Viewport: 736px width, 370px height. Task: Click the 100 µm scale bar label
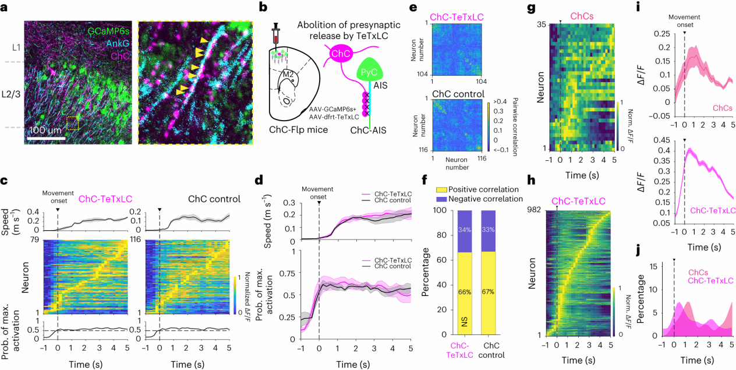coord(45,130)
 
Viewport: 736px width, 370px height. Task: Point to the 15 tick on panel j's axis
coord(661,266)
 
